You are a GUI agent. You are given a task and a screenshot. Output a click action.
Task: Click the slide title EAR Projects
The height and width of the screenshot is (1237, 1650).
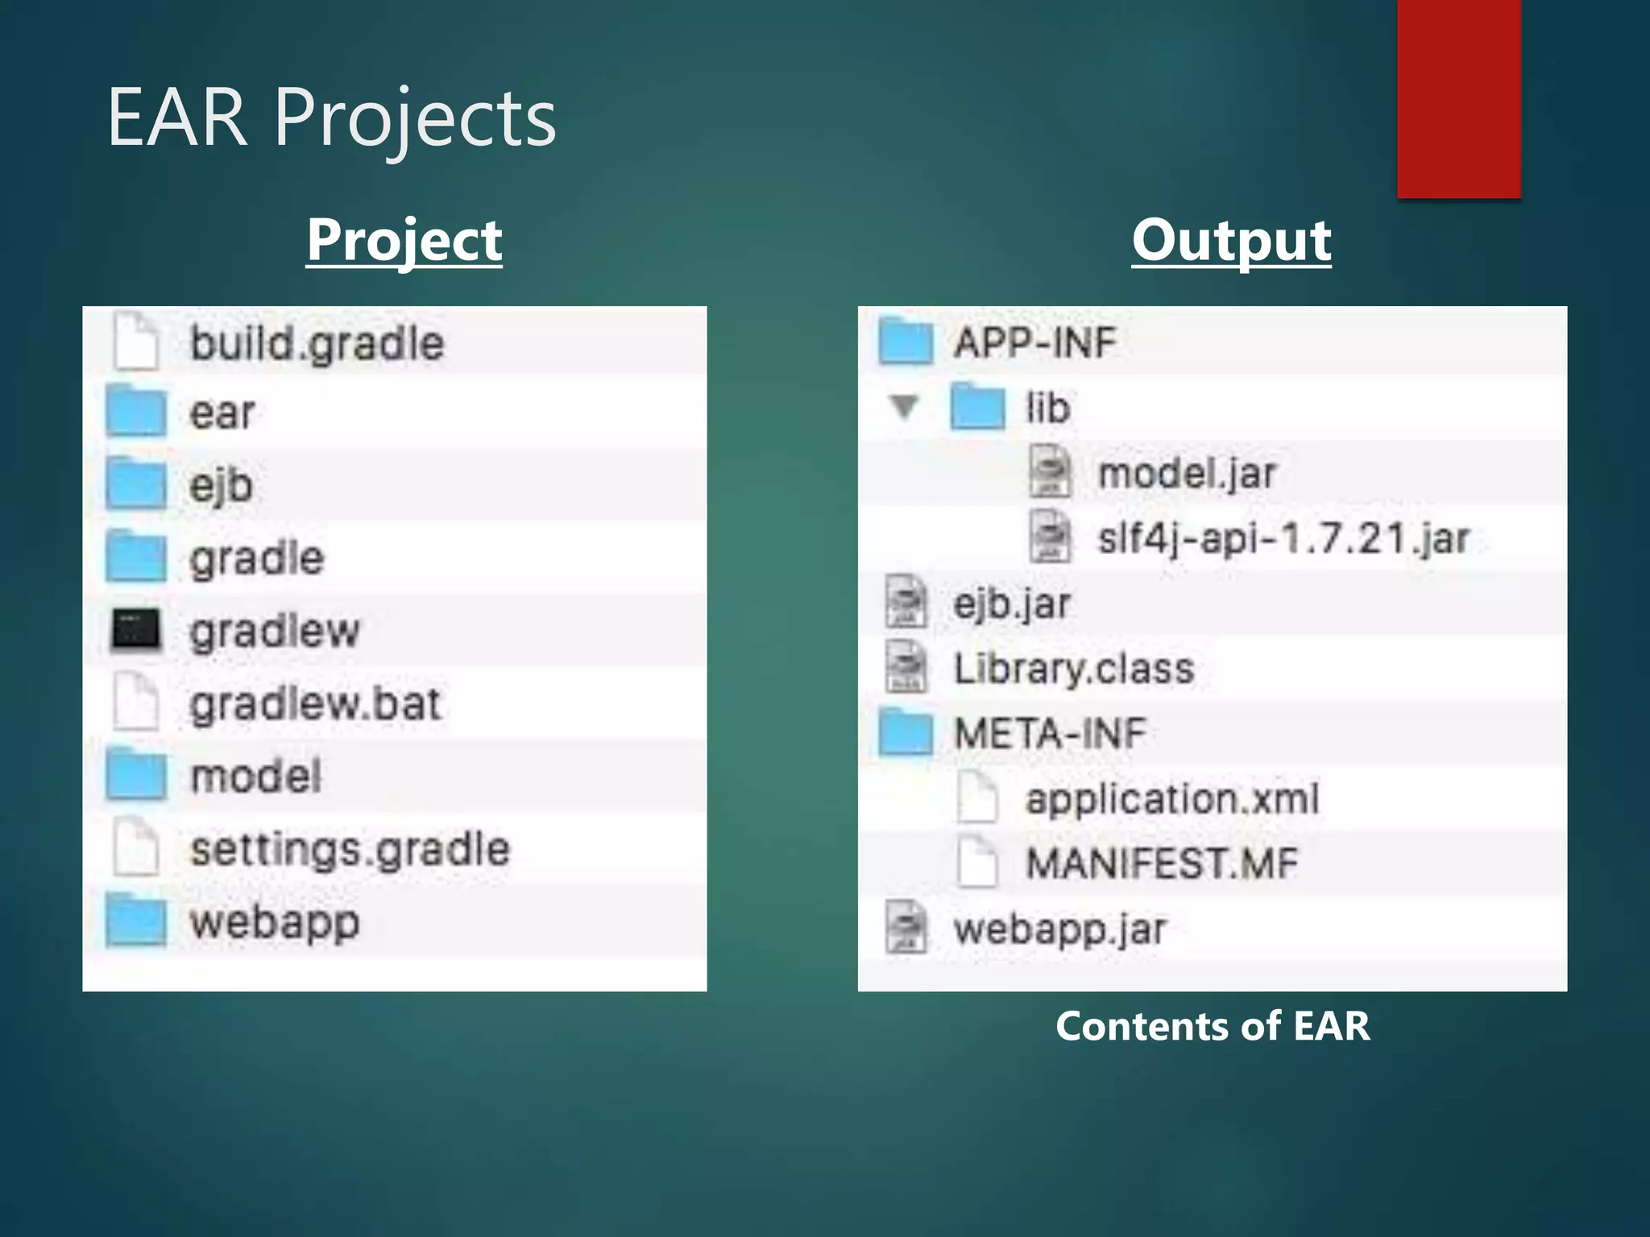pos(331,118)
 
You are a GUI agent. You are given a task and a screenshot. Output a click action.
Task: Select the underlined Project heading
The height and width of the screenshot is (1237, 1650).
pos(404,240)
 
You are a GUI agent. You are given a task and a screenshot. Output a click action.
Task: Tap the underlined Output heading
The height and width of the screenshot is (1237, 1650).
pos(1231,240)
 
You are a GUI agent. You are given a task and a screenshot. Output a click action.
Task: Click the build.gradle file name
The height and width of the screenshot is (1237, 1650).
pos(317,344)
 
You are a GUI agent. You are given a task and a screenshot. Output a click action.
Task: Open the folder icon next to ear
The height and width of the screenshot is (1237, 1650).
pos(136,411)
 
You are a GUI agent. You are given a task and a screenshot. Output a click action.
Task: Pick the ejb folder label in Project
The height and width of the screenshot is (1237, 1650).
pos(221,486)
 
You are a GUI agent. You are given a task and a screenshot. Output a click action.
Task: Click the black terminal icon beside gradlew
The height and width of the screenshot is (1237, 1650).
pos(135,629)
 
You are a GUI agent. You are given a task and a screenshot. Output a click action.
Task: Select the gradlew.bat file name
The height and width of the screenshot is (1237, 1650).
pos(315,704)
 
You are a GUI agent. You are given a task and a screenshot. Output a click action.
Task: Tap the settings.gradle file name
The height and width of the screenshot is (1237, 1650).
pos(350,850)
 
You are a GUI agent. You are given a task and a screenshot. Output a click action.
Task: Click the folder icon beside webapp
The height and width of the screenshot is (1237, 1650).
pos(136,921)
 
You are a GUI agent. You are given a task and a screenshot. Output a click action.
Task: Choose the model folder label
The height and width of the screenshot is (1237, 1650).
pos(255,776)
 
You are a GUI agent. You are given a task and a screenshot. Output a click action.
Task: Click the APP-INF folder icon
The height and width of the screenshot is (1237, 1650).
pos(906,341)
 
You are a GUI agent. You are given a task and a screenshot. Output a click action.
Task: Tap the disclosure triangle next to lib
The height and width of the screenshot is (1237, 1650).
pos(904,407)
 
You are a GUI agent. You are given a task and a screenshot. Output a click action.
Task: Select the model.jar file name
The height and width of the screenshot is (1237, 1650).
pos(1187,473)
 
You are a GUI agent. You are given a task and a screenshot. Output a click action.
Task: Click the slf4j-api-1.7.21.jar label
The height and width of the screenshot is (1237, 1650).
pos(1283,538)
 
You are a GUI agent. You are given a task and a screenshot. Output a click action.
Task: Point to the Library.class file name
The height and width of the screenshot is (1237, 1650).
pos(1073,668)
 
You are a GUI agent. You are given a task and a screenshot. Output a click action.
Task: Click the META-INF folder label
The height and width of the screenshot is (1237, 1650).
pos(1050,734)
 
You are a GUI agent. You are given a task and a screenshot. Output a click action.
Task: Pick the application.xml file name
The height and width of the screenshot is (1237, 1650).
pos(1171,799)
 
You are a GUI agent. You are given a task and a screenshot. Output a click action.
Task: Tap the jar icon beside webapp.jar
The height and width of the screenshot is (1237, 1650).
pos(906,928)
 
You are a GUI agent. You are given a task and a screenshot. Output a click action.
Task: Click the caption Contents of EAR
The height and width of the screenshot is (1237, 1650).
pos(1213,1026)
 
